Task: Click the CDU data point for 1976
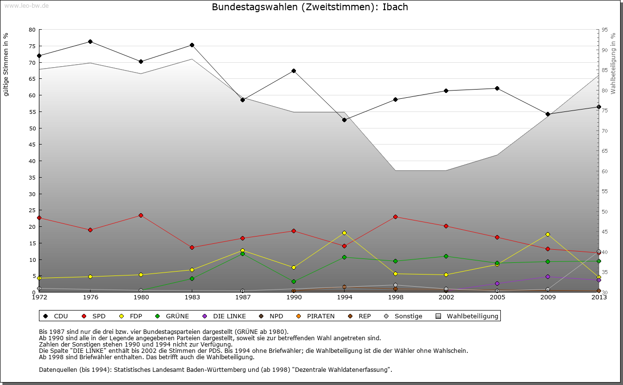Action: pos(90,41)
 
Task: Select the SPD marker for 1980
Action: pos(141,215)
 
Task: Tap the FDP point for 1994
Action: pos(344,233)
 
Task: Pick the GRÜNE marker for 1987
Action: pos(242,254)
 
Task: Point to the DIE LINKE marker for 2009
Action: pos(548,276)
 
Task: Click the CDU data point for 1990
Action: pos(293,71)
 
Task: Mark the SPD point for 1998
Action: pos(395,217)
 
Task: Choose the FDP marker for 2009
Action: pos(548,234)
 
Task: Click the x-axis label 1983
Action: pos(192,297)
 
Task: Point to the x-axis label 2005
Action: pos(497,297)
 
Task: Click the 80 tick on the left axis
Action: pos(32,30)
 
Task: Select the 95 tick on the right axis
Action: pos(605,30)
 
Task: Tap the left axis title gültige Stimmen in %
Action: pos(6,64)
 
